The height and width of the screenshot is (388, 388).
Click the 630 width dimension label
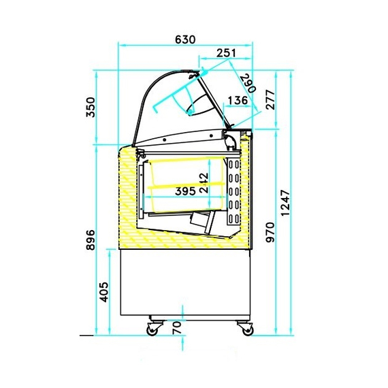coord(185,39)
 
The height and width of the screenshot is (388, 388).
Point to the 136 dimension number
coord(237,101)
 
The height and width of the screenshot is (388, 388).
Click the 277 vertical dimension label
coord(270,100)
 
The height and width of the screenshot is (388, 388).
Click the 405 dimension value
coord(104,293)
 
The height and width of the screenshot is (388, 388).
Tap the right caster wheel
coord(246,329)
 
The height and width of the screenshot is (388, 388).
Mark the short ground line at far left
coord(86,336)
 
